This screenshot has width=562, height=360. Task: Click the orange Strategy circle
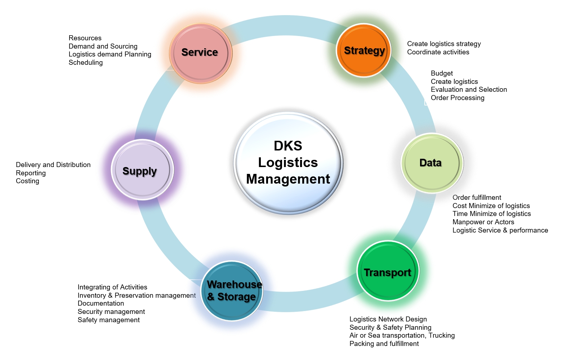click(364, 50)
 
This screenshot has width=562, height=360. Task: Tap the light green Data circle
click(432, 163)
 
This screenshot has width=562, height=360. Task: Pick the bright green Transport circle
click(388, 271)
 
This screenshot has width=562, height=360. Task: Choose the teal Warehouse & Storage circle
click(232, 291)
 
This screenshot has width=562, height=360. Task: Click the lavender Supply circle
click(142, 170)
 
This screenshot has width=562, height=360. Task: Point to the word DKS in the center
click(288, 146)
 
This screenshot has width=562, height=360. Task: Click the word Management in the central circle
click(288, 179)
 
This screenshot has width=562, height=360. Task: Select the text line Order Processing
click(457, 98)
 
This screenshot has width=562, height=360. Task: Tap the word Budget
click(442, 73)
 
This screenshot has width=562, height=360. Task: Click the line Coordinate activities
click(438, 52)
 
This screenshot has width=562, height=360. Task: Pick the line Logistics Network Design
click(388, 319)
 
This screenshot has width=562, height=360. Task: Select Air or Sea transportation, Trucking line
click(402, 336)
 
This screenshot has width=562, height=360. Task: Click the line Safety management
click(108, 320)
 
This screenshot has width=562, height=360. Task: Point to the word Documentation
click(101, 303)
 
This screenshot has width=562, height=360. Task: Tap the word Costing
click(27, 181)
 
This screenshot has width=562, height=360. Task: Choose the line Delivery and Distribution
click(53, 165)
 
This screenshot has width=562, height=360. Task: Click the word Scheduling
click(85, 63)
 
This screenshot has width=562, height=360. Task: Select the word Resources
click(85, 38)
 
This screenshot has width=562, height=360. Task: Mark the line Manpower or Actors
click(483, 222)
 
